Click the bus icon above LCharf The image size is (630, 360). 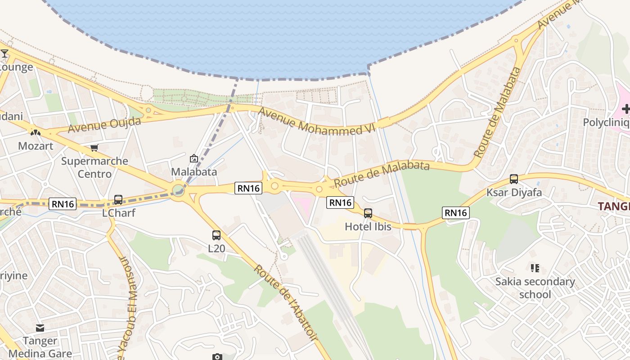coord(118,199)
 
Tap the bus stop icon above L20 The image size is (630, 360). coord(216,235)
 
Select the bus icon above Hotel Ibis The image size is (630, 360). coord(368,213)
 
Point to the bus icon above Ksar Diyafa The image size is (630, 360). coord(514,179)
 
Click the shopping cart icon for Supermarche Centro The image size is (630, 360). coord(94,148)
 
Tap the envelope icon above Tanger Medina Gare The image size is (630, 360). coord(40,328)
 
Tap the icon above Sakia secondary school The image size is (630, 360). coord(535,268)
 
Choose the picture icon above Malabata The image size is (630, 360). coord(194,158)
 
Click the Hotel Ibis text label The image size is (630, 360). coord(368,227)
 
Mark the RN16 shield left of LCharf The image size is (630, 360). coord(63,204)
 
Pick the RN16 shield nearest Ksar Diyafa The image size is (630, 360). coord(456,212)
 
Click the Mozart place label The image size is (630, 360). coord(36,146)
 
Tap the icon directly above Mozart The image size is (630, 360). coord(36,133)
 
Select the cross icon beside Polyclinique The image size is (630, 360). coord(625,109)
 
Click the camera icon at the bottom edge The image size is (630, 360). coord(217,357)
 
